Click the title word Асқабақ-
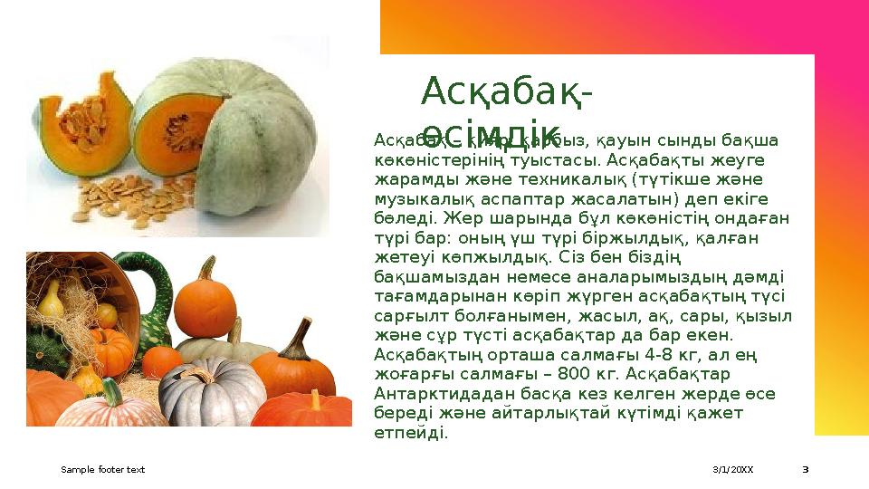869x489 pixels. pyautogui.click(x=507, y=91)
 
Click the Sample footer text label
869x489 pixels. pyautogui.click(x=102, y=470)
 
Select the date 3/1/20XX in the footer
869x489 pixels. pyautogui.click(x=733, y=470)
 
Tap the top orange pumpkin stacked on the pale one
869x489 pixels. pyautogui.click(x=205, y=303)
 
